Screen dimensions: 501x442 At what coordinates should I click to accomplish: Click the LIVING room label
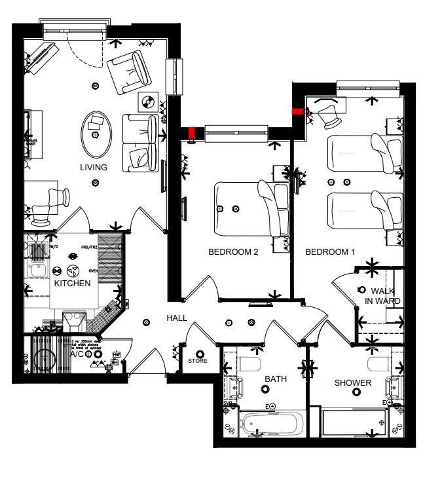point(94,168)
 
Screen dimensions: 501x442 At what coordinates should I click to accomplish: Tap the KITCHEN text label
point(72,283)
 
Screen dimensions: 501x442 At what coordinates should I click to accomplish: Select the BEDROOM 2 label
point(233,252)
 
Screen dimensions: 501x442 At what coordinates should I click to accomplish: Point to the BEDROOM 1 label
point(330,252)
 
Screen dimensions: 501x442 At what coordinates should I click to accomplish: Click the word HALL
point(177,318)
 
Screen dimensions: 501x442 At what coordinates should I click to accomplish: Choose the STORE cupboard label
point(198,361)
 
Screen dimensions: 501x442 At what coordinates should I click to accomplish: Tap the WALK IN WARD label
point(382,296)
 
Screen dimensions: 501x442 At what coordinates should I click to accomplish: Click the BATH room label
point(276,379)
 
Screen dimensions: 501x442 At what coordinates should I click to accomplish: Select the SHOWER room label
point(353,383)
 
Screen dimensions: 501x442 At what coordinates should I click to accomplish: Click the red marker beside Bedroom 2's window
point(192,134)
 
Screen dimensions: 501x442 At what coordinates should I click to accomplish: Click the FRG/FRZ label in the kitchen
point(89,247)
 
